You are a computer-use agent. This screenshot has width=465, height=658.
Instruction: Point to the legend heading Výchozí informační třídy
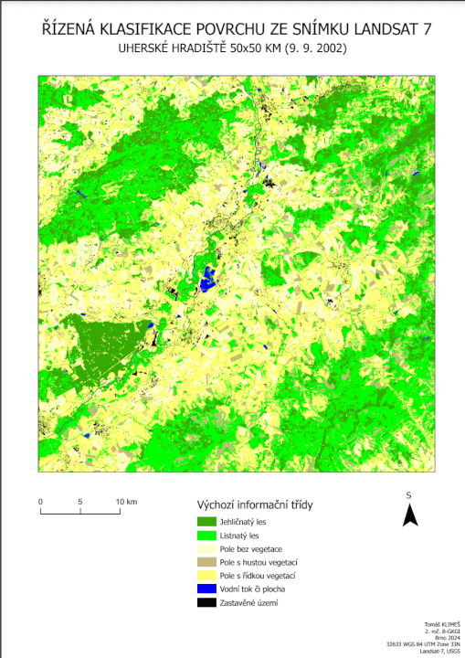(257, 504)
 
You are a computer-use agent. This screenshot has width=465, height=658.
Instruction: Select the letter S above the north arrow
(410, 494)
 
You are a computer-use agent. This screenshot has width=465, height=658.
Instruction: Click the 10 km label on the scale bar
(125, 502)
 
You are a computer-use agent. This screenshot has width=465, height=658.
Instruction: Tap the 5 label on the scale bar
(80, 502)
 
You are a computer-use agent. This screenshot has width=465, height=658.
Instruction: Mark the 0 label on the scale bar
(41, 502)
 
